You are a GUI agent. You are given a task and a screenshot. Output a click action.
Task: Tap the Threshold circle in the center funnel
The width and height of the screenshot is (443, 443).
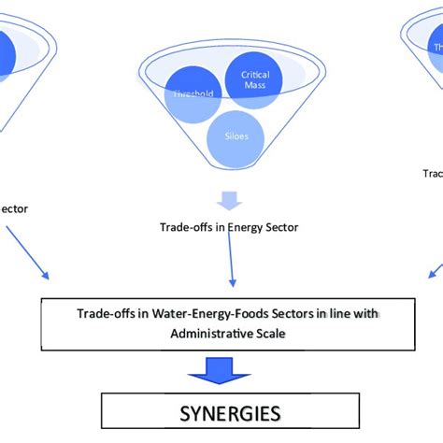click(193, 95)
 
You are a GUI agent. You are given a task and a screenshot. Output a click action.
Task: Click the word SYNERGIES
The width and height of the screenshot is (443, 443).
click(230, 411)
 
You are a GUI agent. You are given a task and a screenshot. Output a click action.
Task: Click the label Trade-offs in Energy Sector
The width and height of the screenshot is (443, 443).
click(229, 226)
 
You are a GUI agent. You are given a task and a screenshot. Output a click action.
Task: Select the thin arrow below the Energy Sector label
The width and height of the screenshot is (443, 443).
click(231, 262)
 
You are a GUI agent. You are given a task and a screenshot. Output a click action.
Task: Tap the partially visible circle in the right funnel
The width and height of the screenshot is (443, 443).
click(436, 47)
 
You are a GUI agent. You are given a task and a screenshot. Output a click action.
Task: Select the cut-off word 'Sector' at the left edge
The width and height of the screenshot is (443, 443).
click(13, 208)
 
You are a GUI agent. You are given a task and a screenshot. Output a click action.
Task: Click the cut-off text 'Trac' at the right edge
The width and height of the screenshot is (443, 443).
click(432, 173)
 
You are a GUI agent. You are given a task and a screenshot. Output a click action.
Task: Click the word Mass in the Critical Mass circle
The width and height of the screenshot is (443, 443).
click(254, 86)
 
